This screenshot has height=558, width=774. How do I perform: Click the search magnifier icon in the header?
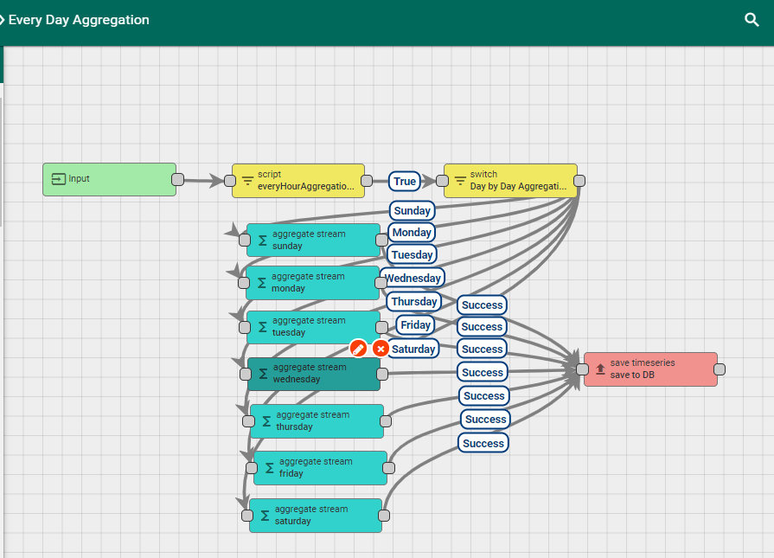pos(752,20)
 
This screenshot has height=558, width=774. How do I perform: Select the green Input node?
pos(109,179)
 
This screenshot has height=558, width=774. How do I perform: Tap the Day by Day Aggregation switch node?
pos(510,180)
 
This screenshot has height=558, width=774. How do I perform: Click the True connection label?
pos(405,181)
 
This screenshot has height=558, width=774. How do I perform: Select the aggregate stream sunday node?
pos(313,240)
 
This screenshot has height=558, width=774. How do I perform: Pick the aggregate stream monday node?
pos(312,283)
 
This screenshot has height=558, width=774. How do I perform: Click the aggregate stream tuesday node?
pos(312,326)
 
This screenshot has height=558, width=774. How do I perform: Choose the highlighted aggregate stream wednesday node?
pos(313,374)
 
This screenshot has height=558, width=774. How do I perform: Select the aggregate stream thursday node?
pos(317,420)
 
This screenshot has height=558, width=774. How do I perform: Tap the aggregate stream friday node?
pos(320,467)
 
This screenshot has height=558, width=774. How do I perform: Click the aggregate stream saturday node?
pos(316,515)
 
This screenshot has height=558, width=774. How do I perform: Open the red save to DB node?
pos(650,369)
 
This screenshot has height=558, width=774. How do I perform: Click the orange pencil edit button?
pos(359,349)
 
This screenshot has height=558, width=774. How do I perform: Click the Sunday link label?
pos(412,210)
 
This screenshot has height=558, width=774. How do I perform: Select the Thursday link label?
pos(413,302)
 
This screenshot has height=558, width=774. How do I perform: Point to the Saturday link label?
pos(413,349)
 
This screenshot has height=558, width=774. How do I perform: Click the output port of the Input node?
pos(177,179)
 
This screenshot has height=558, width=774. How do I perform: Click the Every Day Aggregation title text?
pos(79,20)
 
